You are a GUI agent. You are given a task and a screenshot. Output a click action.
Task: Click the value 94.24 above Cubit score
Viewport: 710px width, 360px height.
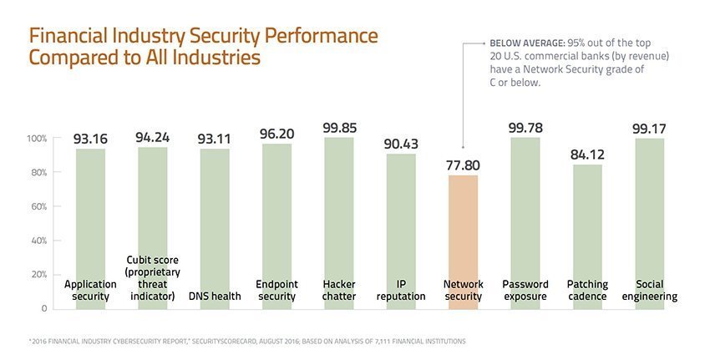click(153, 136)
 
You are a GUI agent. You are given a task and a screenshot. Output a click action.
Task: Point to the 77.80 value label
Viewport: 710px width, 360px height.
click(463, 165)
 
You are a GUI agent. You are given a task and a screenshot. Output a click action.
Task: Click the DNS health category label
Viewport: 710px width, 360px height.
click(215, 296)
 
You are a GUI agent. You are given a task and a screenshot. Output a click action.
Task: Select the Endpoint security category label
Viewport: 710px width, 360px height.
click(276, 290)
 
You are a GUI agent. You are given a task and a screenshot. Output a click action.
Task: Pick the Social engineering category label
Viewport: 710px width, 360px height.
click(649, 290)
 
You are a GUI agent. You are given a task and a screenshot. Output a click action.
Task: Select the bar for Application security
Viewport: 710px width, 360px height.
click(90, 217)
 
